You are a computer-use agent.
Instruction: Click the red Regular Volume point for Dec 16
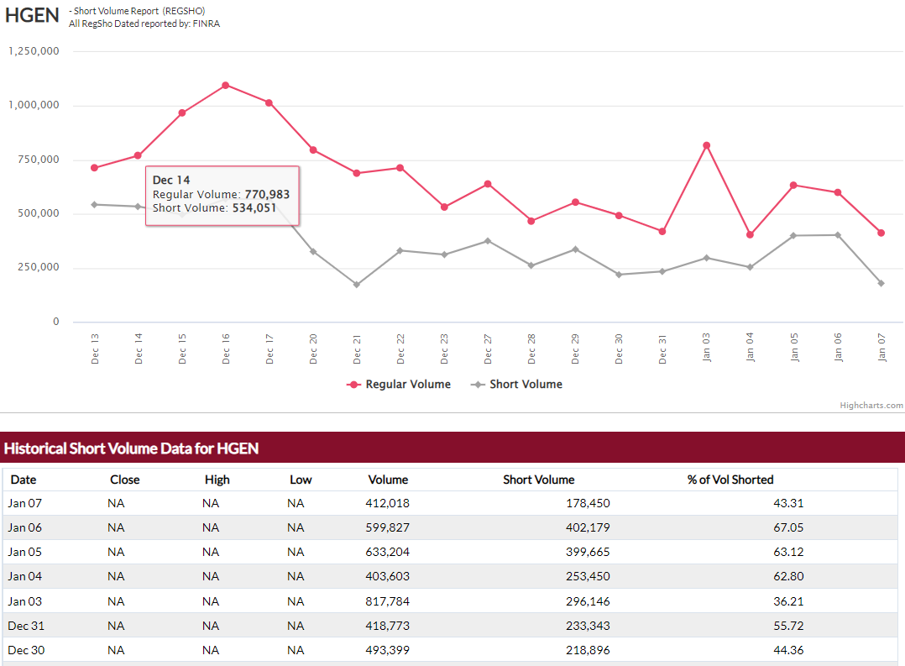coord(226,85)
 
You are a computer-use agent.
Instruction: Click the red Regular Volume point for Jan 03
coord(707,145)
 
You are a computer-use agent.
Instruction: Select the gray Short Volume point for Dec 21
coord(357,285)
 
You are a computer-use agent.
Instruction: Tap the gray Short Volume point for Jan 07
coord(881,283)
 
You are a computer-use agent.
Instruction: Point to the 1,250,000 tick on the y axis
coord(34,51)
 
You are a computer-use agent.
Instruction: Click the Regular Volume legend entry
coord(400,385)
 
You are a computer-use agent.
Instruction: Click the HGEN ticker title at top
coord(32,17)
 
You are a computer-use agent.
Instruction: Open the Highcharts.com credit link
coord(871,406)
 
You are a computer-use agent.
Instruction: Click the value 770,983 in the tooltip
coord(267,194)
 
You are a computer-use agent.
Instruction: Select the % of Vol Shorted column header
coord(730,480)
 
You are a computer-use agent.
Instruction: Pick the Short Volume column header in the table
coord(539,480)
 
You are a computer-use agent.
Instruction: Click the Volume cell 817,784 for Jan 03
coord(388,601)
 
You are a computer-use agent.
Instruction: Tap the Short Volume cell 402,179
coord(588,527)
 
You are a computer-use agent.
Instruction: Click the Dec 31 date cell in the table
coord(25,626)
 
